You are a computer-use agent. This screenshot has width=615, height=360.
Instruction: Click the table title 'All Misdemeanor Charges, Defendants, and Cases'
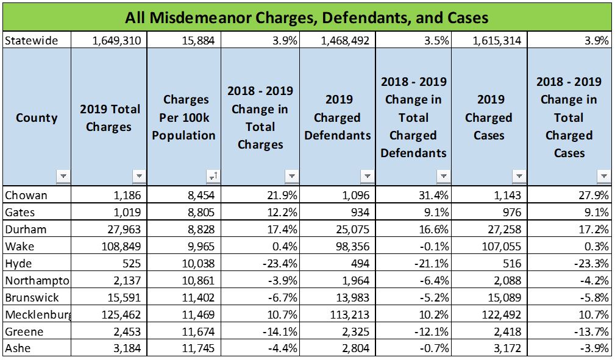307,17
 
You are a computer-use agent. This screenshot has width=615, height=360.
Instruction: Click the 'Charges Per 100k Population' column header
183,117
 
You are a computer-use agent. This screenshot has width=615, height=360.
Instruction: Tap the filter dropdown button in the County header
63,176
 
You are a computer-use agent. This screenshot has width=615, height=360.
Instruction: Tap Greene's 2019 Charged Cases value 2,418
505,332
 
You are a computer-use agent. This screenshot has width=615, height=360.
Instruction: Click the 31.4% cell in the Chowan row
434,196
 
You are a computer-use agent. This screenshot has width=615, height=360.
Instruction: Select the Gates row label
20,213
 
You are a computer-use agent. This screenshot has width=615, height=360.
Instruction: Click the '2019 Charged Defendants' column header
338,117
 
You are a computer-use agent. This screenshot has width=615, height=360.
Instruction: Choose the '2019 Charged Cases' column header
488,117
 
